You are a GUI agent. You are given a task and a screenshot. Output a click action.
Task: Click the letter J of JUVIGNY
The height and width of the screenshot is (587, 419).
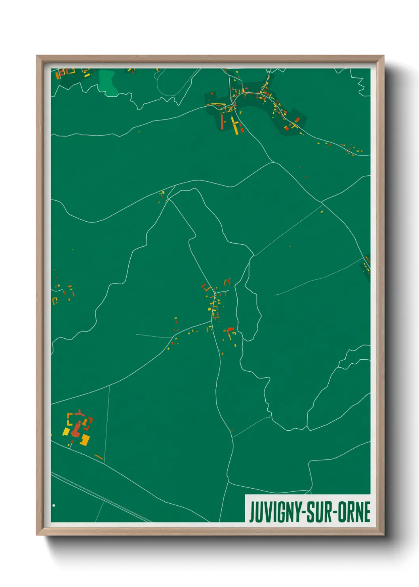251,512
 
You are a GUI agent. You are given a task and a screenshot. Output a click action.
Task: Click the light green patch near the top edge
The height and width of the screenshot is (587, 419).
108,82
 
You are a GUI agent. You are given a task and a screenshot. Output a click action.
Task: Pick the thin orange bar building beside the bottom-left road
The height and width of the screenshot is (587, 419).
99,457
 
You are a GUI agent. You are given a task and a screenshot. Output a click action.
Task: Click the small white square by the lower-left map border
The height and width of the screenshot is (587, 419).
54,505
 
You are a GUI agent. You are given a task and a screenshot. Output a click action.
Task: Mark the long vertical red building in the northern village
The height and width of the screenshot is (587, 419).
222,122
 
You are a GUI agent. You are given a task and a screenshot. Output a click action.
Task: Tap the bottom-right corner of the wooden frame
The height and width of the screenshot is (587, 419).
383,535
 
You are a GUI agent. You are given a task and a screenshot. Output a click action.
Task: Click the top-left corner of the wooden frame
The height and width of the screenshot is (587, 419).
37,56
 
